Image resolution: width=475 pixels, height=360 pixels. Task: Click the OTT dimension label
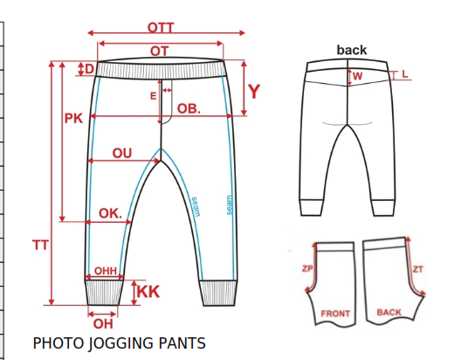(x=161, y=28)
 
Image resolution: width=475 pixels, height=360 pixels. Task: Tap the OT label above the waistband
(x=159, y=52)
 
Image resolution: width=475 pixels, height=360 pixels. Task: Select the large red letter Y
(x=254, y=92)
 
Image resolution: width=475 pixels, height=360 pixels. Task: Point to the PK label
(x=73, y=118)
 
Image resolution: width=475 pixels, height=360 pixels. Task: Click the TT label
(x=40, y=245)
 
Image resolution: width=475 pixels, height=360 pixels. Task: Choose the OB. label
(x=189, y=109)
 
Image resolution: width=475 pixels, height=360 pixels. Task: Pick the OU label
(x=122, y=153)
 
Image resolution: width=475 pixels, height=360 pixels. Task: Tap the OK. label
(x=110, y=213)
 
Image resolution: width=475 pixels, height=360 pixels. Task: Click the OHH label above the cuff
(x=106, y=271)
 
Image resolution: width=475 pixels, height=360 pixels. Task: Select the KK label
(x=148, y=292)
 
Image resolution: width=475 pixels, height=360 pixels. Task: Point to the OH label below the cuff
(x=103, y=324)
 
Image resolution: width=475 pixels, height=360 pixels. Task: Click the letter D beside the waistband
(x=89, y=69)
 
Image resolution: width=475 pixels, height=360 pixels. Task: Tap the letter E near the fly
(x=154, y=96)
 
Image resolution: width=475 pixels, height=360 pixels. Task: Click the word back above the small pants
(x=352, y=50)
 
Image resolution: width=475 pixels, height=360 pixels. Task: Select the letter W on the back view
(x=357, y=76)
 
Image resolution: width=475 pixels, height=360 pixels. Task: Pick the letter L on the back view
(x=405, y=73)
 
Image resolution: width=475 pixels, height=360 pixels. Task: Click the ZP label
(x=307, y=268)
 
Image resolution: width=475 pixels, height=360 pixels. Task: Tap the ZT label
(x=417, y=269)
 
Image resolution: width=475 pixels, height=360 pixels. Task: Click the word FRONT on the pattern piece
(x=335, y=314)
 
